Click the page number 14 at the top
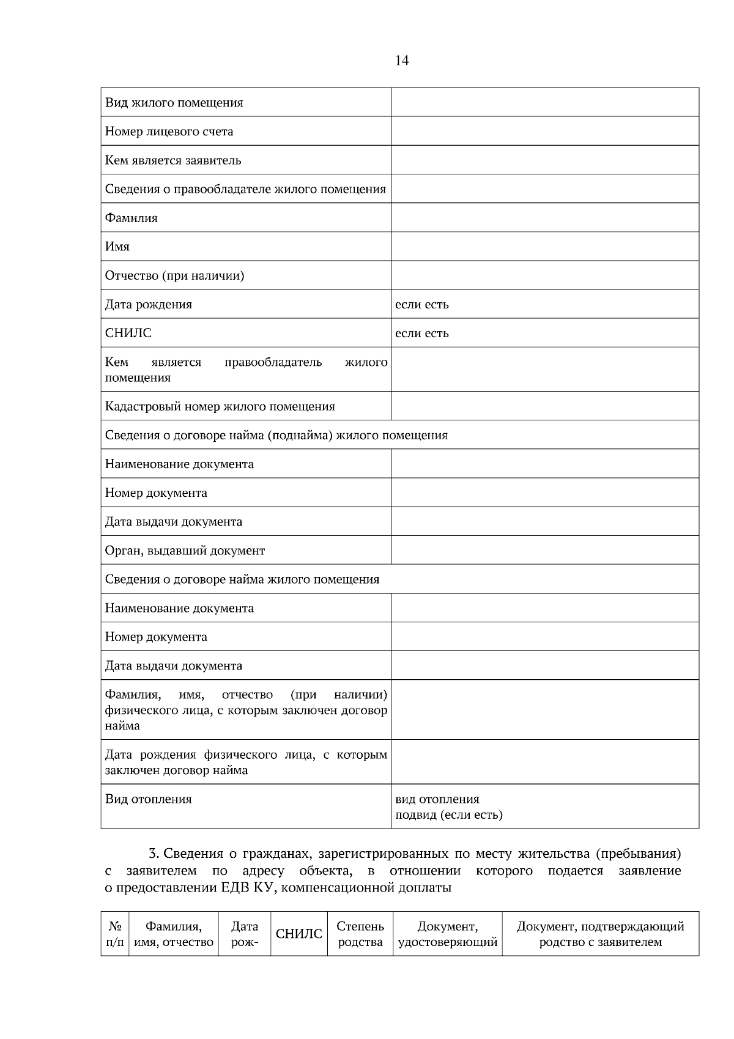pyautogui.click(x=402, y=60)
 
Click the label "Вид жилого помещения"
pyautogui.click(x=174, y=103)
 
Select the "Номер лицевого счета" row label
pyautogui.click(x=169, y=132)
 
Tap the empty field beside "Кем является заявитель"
pyautogui.click(x=544, y=160)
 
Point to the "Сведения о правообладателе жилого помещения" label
pyautogui.click(x=245, y=189)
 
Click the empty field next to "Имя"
pyautogui.click(x=544, y=247)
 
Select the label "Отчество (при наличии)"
pyautogui.click(x=174, y=275)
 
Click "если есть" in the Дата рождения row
pyautogui.click(x=421, y=304)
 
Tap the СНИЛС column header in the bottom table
pyautogui.click(x=298, y=934)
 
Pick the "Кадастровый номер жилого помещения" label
pyautogui.click(x=220, y=406)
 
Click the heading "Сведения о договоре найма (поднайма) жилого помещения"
pyautogui.click(x=276, y=435)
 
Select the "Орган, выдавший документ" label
pyautogui.click(x=185, y=551)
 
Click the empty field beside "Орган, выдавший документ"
pyautogui.click(x=544, y=551)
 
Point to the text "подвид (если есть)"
pyautogui.click(x=448, y=814)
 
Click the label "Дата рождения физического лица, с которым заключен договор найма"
pyautogui.click(x=246, y=762)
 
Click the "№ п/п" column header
pyautogui.click(x=114, y=934)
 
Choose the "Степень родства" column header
pyautogui.click(x=360, y=934)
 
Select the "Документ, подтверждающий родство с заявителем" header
pyautogui.click(x=600, y=934)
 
